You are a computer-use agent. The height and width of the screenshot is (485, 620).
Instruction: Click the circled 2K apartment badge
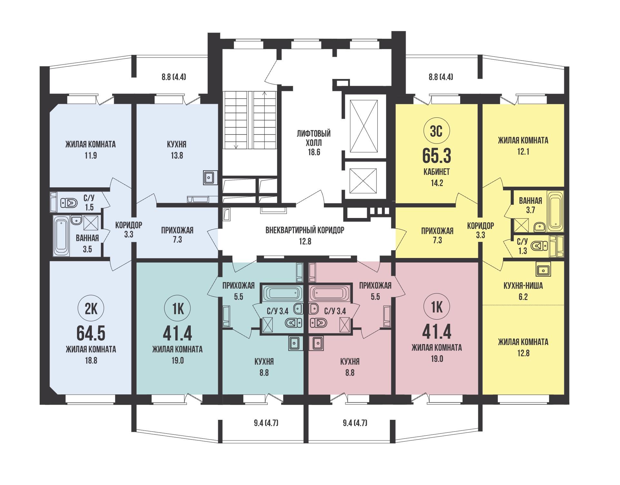click(x=91, y=309)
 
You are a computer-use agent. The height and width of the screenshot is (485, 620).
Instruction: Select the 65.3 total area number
click(x=437, y=156)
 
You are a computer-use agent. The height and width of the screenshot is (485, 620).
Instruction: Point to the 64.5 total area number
click(x=91, y=333)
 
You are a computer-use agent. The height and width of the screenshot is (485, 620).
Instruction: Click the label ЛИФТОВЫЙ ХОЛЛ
click(x=314, y=138)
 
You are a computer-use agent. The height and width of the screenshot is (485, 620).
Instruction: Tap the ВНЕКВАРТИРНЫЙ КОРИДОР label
click(x=305, y=230)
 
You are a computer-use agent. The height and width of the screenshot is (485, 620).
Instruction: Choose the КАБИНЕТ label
click(x=437, y=172)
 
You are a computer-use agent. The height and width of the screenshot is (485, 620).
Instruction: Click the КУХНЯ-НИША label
click(x=523, y=285)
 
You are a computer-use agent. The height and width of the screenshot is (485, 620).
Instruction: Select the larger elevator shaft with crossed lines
click(x=364, y=126)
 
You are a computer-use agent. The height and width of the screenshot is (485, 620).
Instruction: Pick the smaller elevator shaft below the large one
click(x=363, y=181)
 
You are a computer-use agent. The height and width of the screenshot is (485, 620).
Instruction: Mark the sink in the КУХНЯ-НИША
click(x=543, y=269)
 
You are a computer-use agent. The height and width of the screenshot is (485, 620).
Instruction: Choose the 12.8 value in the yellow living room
click(x=523, y=353)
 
